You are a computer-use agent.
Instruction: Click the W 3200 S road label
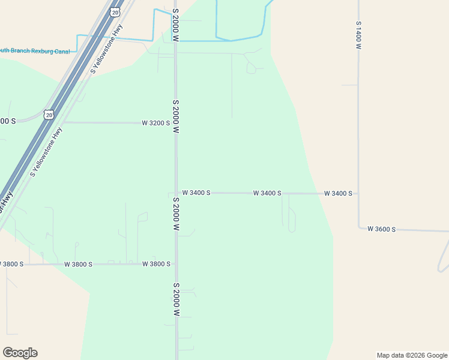155,122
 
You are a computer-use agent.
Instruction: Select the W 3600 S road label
381,229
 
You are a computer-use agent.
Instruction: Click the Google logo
20,353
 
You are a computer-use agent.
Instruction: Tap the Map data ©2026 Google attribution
412,355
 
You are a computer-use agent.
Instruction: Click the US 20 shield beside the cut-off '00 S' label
49,114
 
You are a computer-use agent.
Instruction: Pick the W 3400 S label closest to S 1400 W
338,193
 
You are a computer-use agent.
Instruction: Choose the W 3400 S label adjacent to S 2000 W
196,193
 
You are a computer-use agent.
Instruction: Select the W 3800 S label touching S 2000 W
156,264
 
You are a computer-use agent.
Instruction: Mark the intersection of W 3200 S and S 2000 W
176,122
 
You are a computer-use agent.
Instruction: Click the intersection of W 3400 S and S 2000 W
176,193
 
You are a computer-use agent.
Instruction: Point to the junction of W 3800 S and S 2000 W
176,264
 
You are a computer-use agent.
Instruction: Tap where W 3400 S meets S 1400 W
358,194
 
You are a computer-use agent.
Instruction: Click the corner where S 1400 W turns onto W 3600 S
360,227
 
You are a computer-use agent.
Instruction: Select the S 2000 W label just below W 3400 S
176,214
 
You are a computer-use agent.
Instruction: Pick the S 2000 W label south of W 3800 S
176,299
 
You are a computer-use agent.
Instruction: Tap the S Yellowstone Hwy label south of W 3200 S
46,152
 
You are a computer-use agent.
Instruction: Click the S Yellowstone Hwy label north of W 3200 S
107,49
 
